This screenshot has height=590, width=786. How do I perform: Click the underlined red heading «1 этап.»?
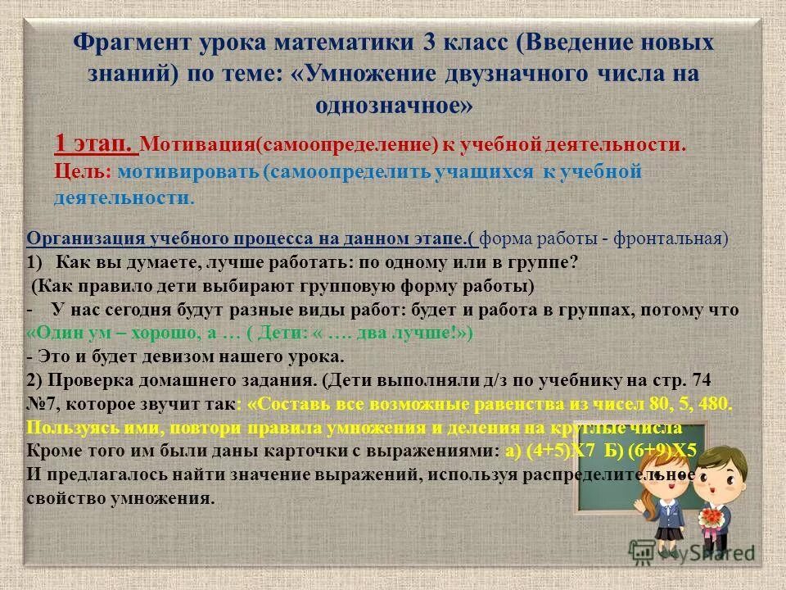click(x=95, y=145)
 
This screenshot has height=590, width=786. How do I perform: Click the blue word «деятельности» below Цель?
click(x=123, y=198)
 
